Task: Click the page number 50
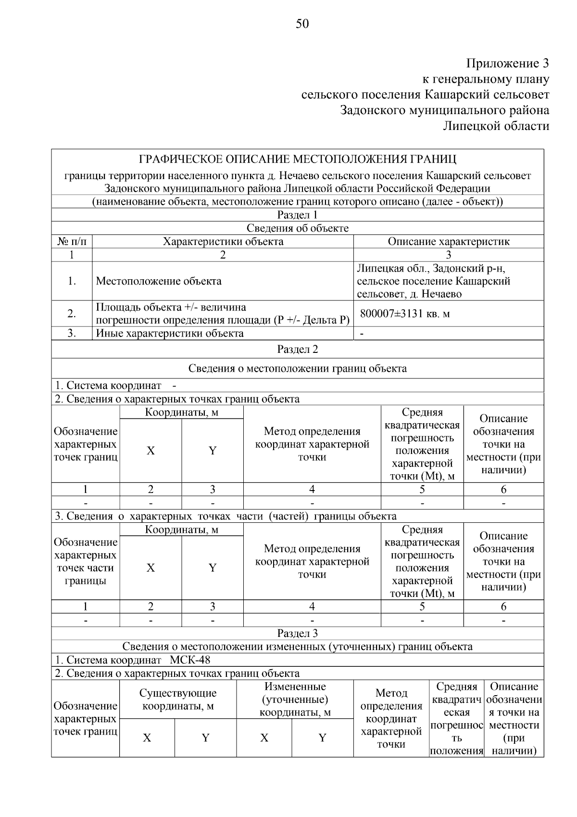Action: click(x=302, y=24)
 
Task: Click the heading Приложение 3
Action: click(x=507, y=63)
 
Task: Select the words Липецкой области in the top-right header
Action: click(x=496, y=126)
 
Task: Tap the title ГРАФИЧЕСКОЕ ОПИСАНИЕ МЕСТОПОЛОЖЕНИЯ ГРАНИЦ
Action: click(x=298, y=159)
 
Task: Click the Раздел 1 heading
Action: click(x=298, y=215)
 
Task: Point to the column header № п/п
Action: click(x=72, y=241)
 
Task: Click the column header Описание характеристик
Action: click(x=448, y=241)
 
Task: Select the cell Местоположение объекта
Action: click(x=159, y=281)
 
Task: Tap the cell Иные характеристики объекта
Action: click(x=170, y=333)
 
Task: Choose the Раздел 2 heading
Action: click(x=298, y=349)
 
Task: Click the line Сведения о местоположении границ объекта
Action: click(x=298, y=368)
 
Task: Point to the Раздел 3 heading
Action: click(x=298, y=633)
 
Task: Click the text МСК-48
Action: click(x=190, y=660)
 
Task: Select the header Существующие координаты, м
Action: click(x=178, y=700)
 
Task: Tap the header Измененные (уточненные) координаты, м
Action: click(x=295, y=700)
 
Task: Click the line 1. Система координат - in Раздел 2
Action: click(x=115, y=386)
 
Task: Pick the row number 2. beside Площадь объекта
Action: click(x=72, y=314)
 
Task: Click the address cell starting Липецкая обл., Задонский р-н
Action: click(x=433, y=281)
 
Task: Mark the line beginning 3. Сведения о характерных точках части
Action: click(x=226, y=516)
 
